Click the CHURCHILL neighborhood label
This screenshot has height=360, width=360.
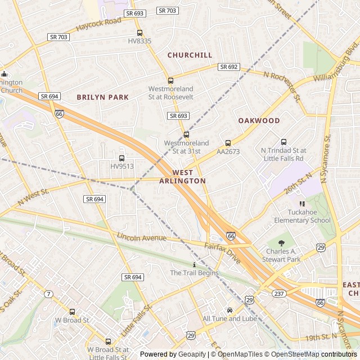pos(190,55)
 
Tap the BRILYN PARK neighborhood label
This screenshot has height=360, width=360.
pos(103,97)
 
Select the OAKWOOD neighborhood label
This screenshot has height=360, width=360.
pos(259,121)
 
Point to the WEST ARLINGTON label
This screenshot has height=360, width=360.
pos(182,177)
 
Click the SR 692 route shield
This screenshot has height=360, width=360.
pos(229,67)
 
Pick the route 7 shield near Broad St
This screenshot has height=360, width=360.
pos(49,294)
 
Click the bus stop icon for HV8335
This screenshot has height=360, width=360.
pos(139,33)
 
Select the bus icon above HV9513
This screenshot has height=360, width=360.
pos(122,158)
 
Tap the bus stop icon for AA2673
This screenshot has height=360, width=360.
pos(228,143)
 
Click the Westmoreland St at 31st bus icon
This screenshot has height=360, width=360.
pos(186,134)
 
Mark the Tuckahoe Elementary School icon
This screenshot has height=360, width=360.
pos(302,204)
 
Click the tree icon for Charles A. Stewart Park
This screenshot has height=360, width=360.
pos(281,243)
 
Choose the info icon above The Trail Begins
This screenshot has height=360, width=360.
pos(194,264)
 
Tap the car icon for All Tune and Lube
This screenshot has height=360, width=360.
pos(229,310)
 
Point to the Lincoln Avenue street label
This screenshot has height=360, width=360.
pos(142,237)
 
